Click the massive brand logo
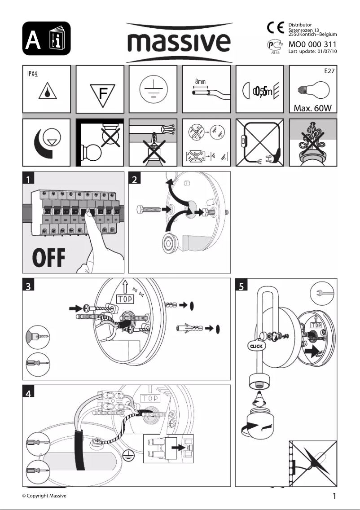pos(180,43)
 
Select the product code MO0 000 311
pos(312,44)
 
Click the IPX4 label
pos(31,73)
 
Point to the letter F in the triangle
pos(103,94)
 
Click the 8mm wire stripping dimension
pos(200,82)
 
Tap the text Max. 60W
pos(312,108)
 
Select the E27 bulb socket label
pos(330,71)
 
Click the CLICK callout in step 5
pos(256,347)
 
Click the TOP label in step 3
pos(127,299)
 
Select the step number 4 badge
pos(29,393)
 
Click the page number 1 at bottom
pos(334,496)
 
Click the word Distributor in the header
pos(300,25)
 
